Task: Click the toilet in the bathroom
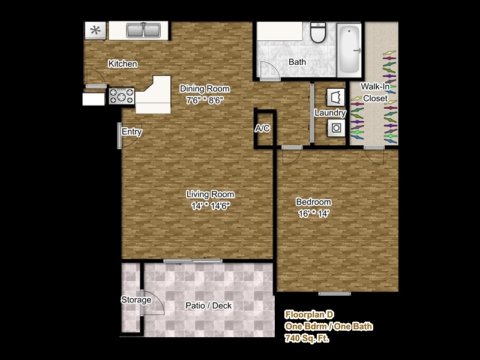318,33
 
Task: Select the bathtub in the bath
347,48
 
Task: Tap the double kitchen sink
143,30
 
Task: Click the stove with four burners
122,95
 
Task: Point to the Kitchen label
123,64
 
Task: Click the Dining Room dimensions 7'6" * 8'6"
205,100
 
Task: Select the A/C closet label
262,128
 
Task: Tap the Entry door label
131,132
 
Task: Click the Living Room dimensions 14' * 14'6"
209,205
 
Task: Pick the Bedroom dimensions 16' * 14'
313,213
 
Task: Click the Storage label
136,300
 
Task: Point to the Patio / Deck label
208,305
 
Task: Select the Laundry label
330,113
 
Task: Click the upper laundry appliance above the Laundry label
335,97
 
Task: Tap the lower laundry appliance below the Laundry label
335,127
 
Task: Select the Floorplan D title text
309,314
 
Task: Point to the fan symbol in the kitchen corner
95,31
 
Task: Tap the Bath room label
297,62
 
